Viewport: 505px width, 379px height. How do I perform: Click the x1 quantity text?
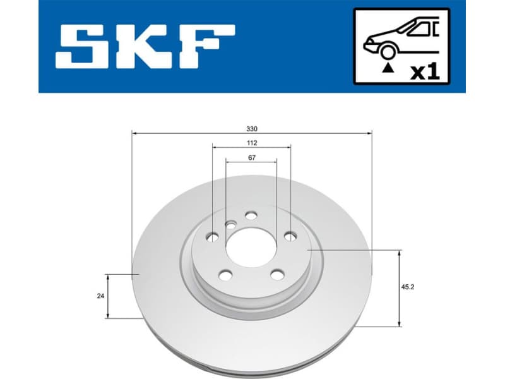point(424,71)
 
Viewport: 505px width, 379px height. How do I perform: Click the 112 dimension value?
point(251,143)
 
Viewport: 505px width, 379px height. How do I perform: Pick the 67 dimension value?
point(251,157)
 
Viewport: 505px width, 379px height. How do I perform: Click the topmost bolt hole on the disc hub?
point(251,216)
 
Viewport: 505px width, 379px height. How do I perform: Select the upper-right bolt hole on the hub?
point(290,236)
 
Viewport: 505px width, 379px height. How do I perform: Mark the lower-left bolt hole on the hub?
point(225,275)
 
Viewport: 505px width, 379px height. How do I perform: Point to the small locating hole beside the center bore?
point(232,224)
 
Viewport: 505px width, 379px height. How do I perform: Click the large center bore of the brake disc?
point(251,247)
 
